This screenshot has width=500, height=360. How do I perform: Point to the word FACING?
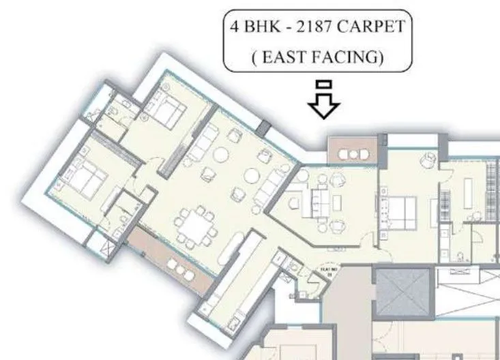tap(351, 57)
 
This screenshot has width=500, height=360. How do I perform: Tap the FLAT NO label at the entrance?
tap(325, 272)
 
